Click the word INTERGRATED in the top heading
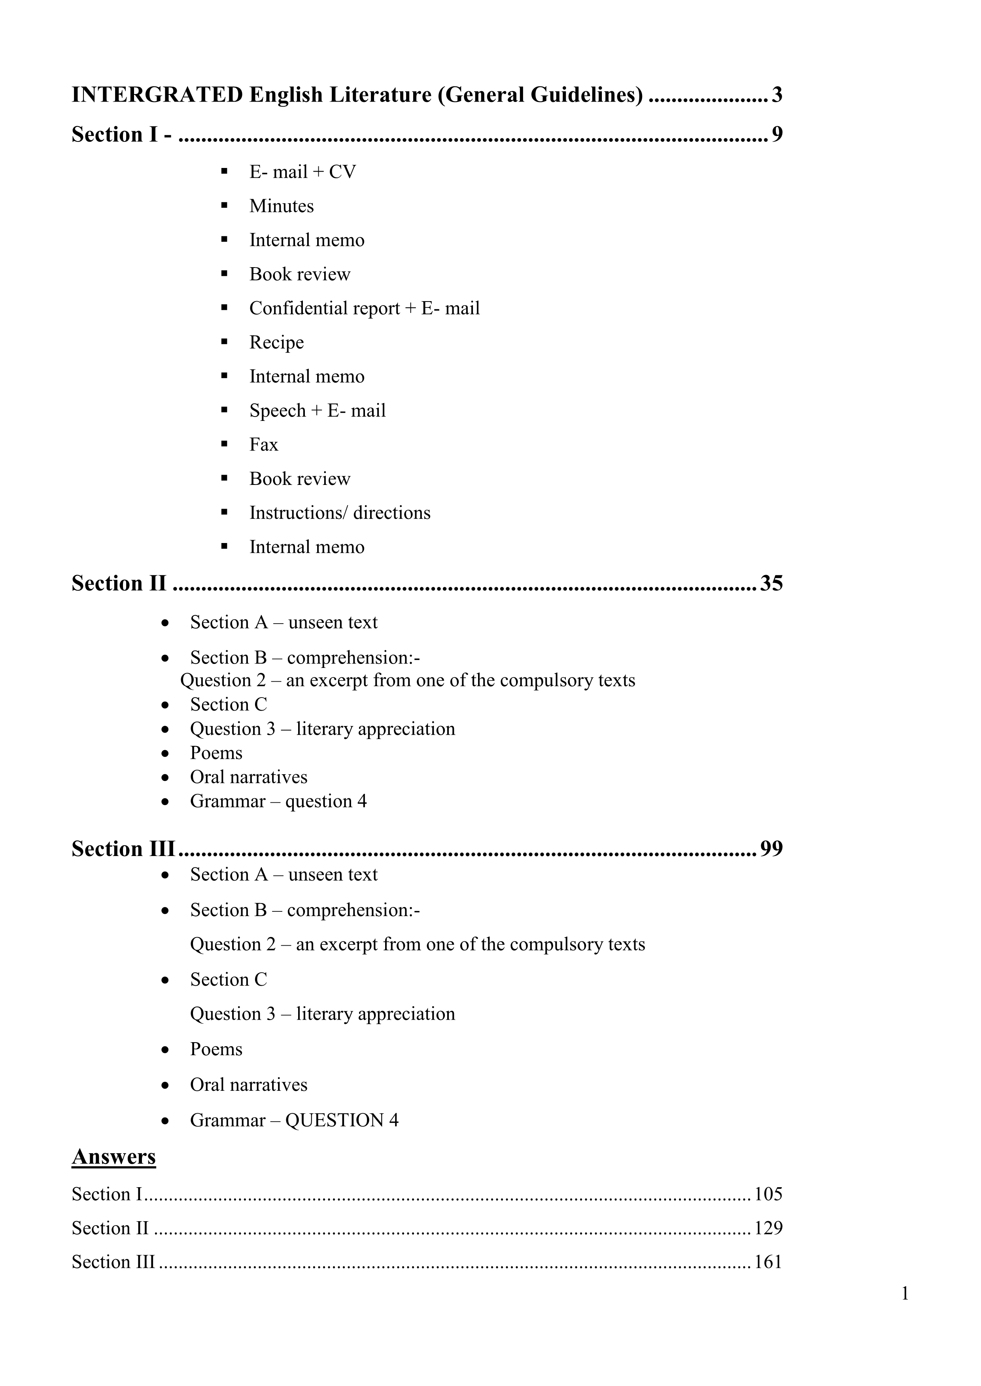157,95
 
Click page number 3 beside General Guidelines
777,95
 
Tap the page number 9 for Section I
777,134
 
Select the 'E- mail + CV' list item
302,172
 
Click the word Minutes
282,206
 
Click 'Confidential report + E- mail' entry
364,309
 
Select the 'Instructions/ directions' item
340,513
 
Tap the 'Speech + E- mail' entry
317,411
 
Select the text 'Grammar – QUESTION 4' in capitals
294,1120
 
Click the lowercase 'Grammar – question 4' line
278,801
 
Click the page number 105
768,1194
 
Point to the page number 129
768,1228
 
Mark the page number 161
768,1262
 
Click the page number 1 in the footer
904,1294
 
